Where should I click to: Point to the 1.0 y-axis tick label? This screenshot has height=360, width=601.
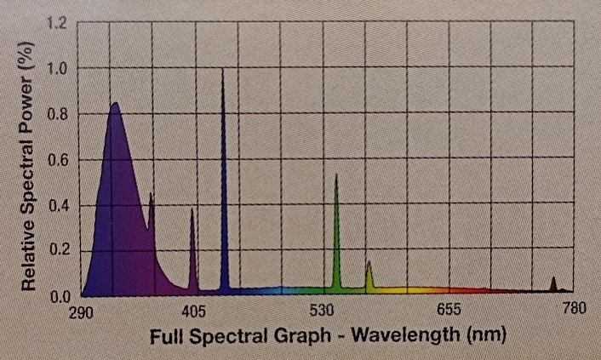58,68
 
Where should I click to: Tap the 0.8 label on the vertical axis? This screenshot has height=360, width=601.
58,114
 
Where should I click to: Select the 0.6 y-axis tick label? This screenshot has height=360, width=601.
58,160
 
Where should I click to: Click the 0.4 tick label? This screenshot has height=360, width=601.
58,206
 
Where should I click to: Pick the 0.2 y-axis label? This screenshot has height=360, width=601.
58,251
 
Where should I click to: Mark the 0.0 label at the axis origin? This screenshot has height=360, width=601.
58,296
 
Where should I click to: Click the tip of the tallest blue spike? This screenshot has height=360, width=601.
223,70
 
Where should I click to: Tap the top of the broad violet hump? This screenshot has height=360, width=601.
114,104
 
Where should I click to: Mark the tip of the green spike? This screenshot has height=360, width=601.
336,175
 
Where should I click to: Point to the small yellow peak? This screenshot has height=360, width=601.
369,263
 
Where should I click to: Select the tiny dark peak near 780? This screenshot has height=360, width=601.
553,278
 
